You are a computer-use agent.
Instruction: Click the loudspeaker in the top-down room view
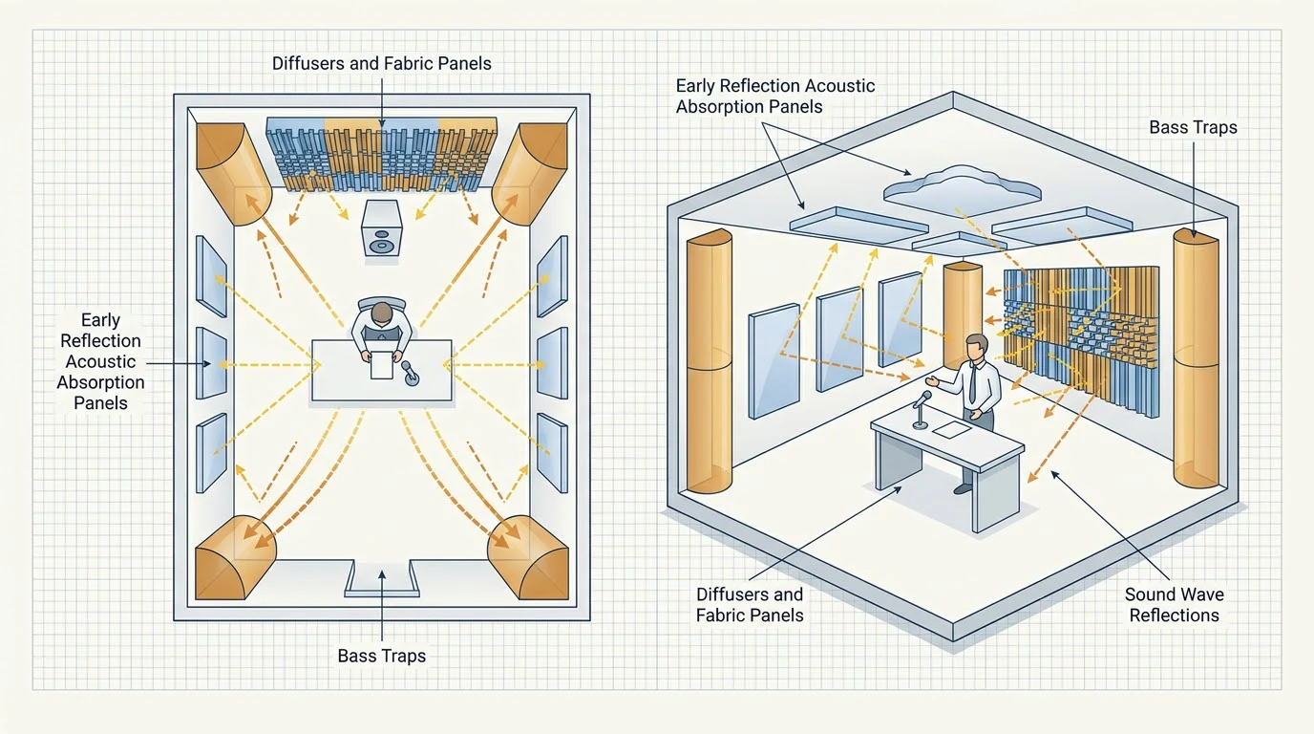click(x=381, y=229)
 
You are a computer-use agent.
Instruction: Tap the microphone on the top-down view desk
click(x=410, y=374)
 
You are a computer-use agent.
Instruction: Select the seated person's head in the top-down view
click(x=382, y=313)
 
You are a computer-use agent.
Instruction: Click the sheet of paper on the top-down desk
click(x=381, y=365)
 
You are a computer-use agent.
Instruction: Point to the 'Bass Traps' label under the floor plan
click(x=382, y=656)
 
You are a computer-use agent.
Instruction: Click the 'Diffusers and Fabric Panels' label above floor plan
click(x=382, y=63)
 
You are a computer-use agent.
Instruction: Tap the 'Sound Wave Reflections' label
click(x=1174, y=604)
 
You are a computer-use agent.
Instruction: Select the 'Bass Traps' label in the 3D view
click(x=1193, y=127)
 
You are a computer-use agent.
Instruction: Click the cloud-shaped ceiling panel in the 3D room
click(x=962, y=189)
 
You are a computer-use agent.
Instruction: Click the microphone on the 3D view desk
click(x=921, y=409)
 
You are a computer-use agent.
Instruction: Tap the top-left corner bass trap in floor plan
click(x=233, y=173)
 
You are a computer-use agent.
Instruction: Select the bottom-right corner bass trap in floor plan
click(x=529, y=558)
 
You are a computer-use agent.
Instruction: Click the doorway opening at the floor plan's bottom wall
click(x=382, y=578)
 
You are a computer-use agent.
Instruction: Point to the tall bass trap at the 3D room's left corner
click(x=710, y=361)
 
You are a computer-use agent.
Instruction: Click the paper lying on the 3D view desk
click(x=951, y=429)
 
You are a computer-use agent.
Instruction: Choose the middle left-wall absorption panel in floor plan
click(x=211, y=362)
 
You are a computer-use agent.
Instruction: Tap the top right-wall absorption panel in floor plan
click(x=552, y=276)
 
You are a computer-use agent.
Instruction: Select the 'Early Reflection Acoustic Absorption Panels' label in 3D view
click(x=774, y=97)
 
